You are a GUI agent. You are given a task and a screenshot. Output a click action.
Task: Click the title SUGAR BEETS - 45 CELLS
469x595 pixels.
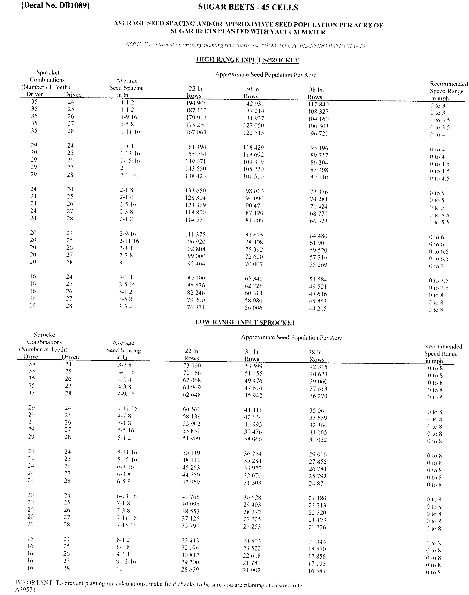click(x=248, y=7)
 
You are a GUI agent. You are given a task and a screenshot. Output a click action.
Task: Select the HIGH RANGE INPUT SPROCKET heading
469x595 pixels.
click(x=247, y=60)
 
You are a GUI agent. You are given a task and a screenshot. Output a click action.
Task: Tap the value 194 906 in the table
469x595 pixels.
click(x=196, y=103)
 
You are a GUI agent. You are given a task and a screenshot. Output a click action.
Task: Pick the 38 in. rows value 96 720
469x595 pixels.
click(x=319, y=134)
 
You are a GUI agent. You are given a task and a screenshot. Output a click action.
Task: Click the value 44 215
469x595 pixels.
click(x=318, y=309)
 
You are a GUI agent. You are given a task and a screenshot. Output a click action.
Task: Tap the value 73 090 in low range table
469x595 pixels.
click(x=192, y=366)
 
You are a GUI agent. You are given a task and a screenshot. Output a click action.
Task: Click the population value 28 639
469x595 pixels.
click(x=190, y=569)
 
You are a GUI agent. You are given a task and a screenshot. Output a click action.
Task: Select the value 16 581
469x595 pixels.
click(x=317, y=571)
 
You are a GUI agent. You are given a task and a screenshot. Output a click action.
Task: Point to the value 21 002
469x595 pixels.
click(x=252, y=570)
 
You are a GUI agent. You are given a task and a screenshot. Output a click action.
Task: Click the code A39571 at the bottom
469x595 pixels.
click(x=25, y=590)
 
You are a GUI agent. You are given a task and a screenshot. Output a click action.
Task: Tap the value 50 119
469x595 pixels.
click(x=191, y=453)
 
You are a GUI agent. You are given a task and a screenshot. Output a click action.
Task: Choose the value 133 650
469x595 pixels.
click(x=196, y=191)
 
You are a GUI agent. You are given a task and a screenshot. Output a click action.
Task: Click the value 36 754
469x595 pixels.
click(x=253, y=454)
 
